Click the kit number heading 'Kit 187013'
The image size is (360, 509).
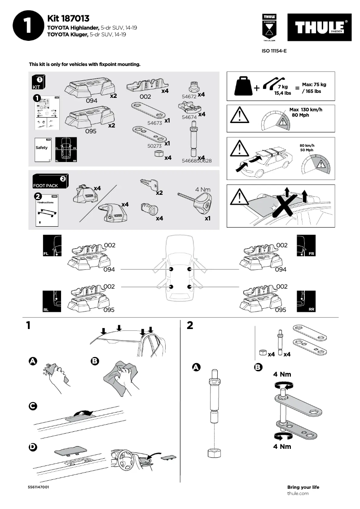[68, 18]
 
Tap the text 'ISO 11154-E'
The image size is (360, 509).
[274, 51]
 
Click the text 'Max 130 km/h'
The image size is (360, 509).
[306, 110]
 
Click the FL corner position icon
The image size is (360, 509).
[52, 247]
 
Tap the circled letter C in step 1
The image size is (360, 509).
[33, 406]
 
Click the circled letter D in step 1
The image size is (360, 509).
[33, 447]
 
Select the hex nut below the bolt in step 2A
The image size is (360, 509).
[214, 453]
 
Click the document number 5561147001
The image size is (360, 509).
[38, 487]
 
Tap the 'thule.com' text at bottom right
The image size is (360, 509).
[298, 493]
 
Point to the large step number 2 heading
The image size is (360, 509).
[190, 325]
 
